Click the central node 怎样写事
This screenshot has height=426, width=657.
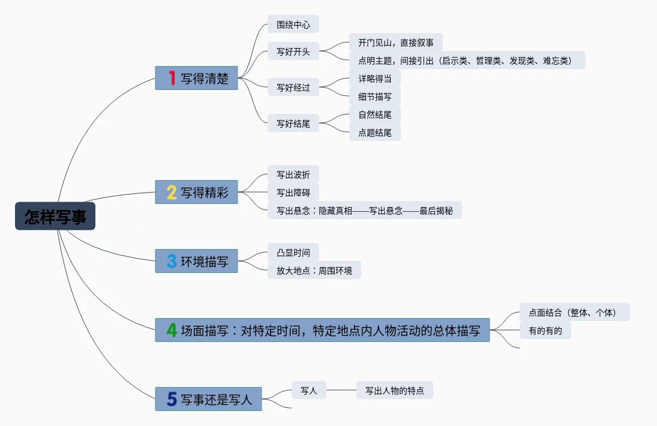[55, 216]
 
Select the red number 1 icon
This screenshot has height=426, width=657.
[172, 78]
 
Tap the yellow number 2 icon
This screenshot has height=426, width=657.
[172, 192]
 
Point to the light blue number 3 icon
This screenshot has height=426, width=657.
[172, 261]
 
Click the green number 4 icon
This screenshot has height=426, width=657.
[172, 330]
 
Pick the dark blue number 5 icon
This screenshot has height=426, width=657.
[172, 399]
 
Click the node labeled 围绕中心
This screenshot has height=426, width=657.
[293, 25]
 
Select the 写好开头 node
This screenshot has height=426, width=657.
[293, 52]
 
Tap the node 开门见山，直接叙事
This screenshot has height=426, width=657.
[395, 43]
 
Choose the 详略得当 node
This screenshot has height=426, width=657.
[374, 79]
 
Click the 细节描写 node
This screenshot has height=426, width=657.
[374, 97]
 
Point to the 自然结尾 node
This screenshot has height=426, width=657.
[374, 115]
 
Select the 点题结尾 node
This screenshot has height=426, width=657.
[374, 133]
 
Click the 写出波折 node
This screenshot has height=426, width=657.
[293, 175]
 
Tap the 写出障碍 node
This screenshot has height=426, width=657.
[293, 193]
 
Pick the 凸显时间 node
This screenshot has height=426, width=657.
[293, 253]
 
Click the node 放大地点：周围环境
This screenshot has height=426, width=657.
[314, 271]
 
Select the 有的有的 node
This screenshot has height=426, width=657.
[545, 330]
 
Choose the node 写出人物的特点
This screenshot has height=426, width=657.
[394, 391]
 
